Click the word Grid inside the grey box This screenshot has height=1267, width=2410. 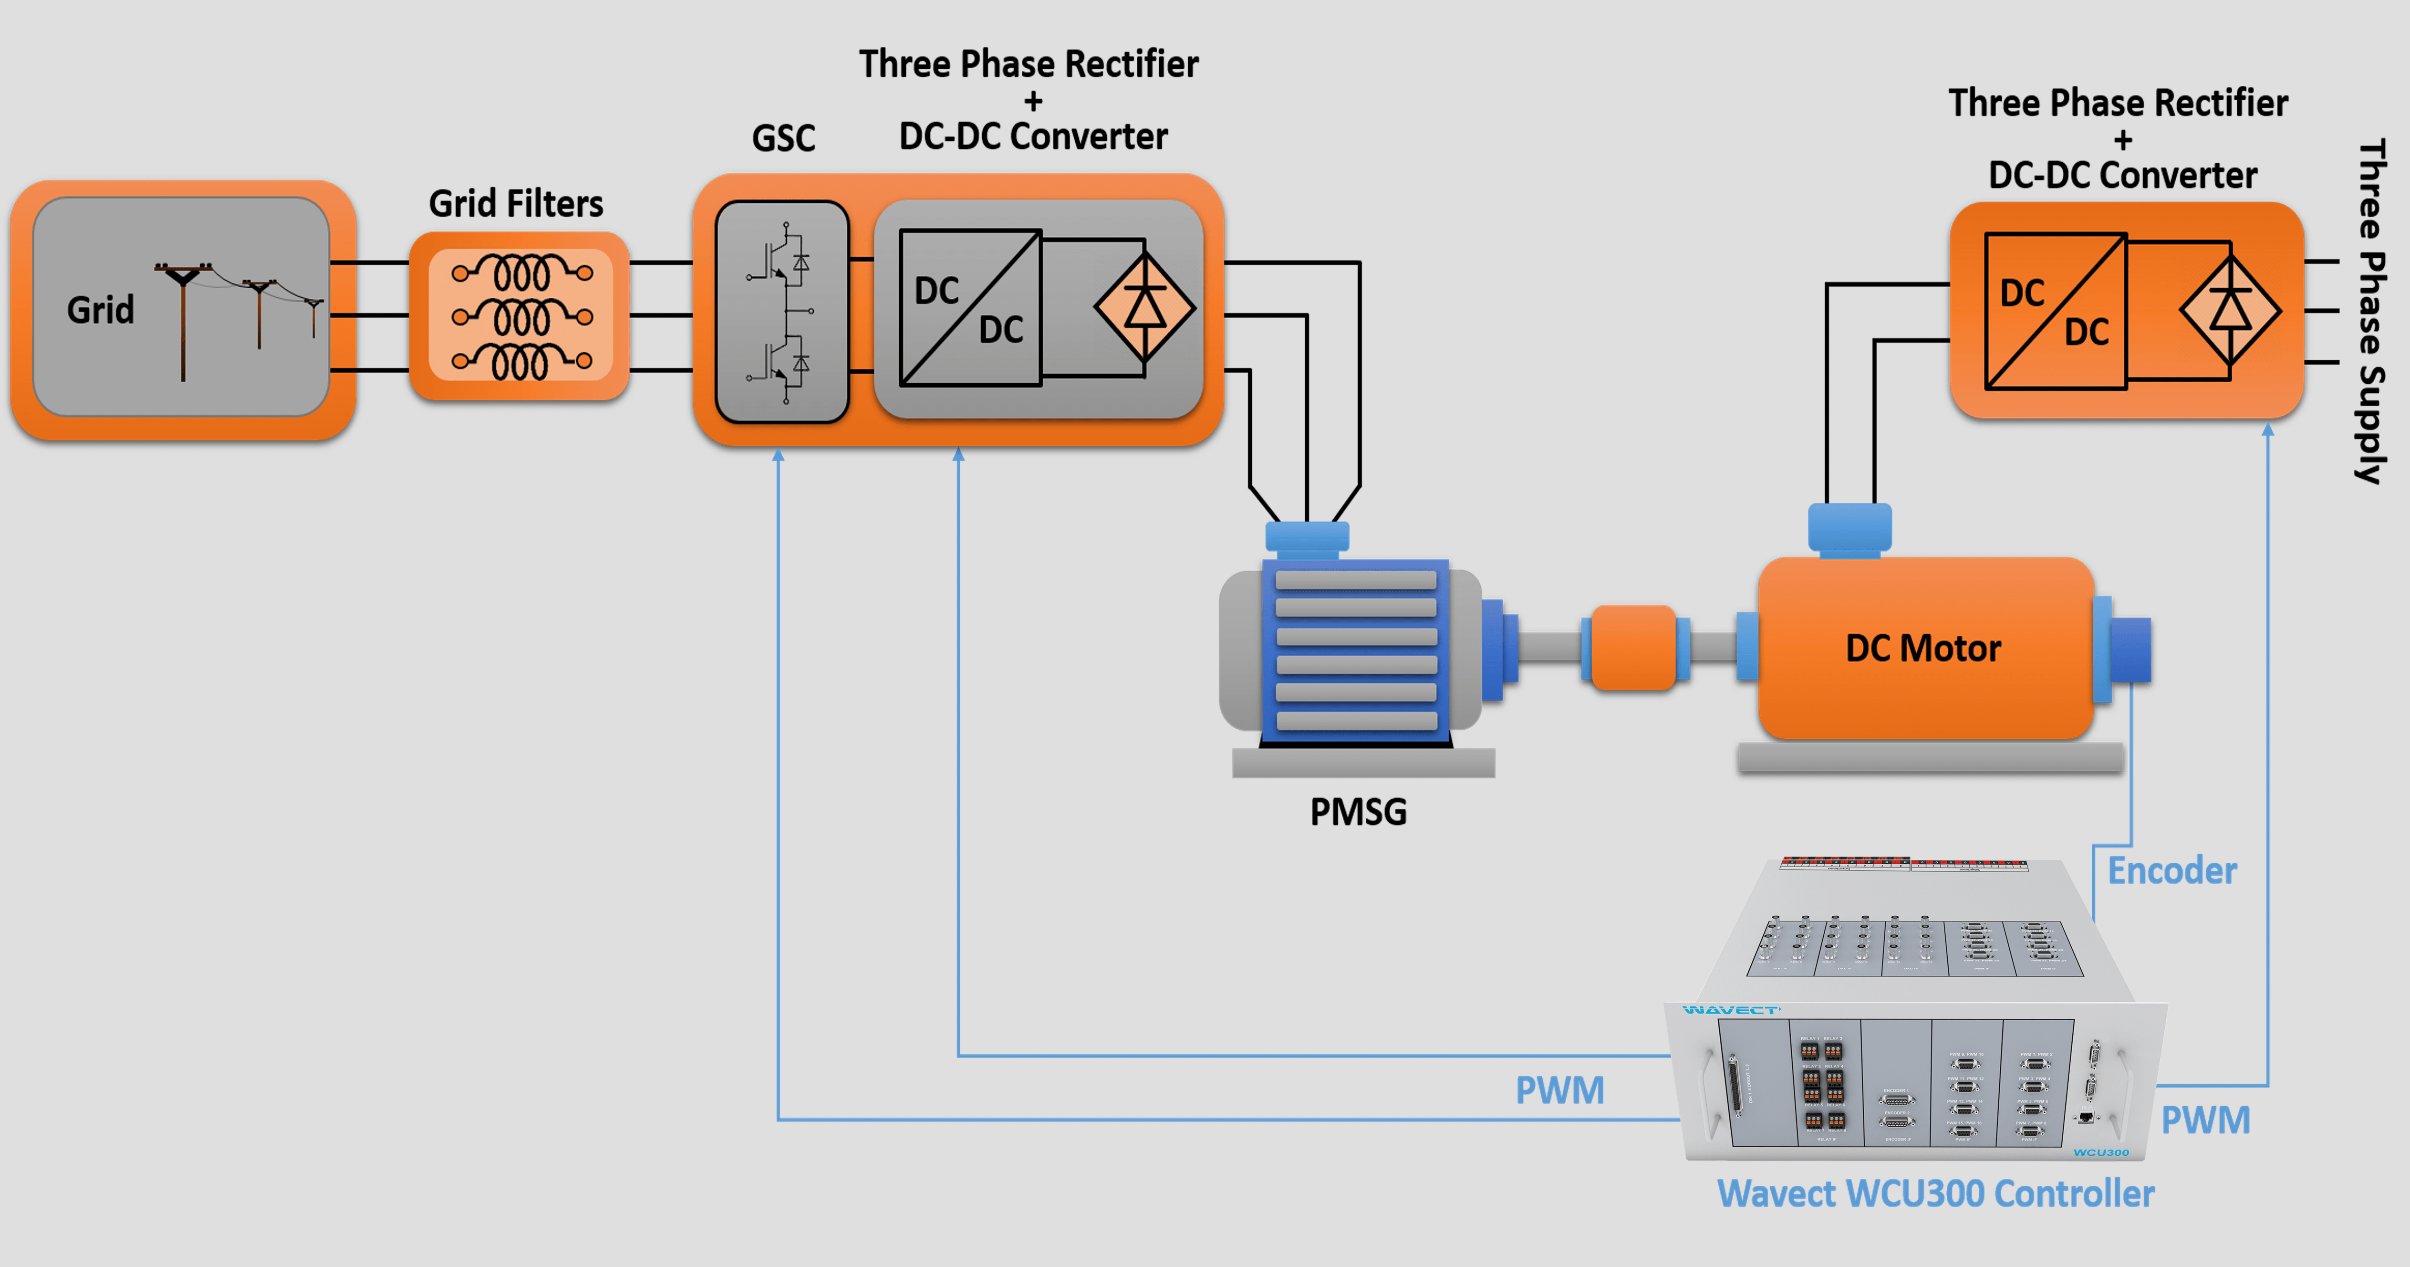pos(100,310)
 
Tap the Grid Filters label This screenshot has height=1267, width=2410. pos(516,203)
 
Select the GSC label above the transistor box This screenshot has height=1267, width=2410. pos(783,138)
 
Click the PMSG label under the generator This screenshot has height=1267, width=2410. pos(1358,811)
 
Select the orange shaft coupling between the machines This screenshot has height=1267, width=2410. pos(1633,648)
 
